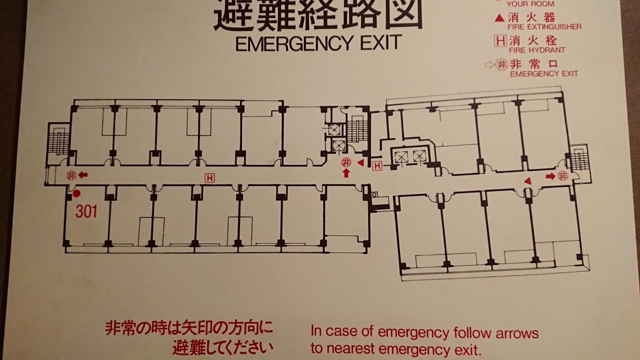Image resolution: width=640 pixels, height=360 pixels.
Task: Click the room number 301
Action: pyautogui.click(x=86, y=211)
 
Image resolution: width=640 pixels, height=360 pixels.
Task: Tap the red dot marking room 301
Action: pyautogui.click(x=76, y=194)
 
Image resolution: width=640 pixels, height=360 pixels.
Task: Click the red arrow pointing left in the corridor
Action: pyautogui.click(x=83, y=175)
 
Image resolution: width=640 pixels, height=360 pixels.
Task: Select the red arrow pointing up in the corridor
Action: pyautogui.click(x=346, y=173)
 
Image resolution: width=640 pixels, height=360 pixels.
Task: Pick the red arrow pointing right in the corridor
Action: pyautogui.click(x=550, y=176)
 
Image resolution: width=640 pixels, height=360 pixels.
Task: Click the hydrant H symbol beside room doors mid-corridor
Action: pyautogui.click(x=209, y=178)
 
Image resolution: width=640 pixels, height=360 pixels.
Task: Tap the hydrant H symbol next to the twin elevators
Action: pyautogui.click(x=377, y=165)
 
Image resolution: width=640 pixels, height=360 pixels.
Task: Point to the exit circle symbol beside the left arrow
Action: pyautogui.click(x=71, y=175)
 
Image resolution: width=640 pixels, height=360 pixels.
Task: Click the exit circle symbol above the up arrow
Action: pyautogui.click(x=346, y=162)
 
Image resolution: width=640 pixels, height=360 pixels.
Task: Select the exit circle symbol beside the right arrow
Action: pyautogui.click(x=563, y=175)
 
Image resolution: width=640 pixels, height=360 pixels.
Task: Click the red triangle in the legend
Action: pyautogui.click(x=499, y=18)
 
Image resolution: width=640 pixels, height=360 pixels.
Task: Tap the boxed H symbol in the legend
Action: pyautogui.click(x=500, y=41)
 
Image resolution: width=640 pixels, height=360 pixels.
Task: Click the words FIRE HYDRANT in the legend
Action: pyautogui.click(x=537, y=50)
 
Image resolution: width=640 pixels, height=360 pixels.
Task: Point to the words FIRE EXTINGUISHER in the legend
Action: pyautogui.click(x=544, y=27)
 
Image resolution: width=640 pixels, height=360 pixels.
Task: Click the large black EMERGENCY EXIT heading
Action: pyautogui.click(x=319, y=43)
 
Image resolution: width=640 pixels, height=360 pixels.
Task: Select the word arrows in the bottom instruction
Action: pyautogui.click(x=517, y=333)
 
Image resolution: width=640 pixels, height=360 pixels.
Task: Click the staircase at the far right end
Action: pyautogui.click(x=579, y=159)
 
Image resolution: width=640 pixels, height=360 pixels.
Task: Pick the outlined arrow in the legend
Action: pyautogui.click(x=489, y=65)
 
